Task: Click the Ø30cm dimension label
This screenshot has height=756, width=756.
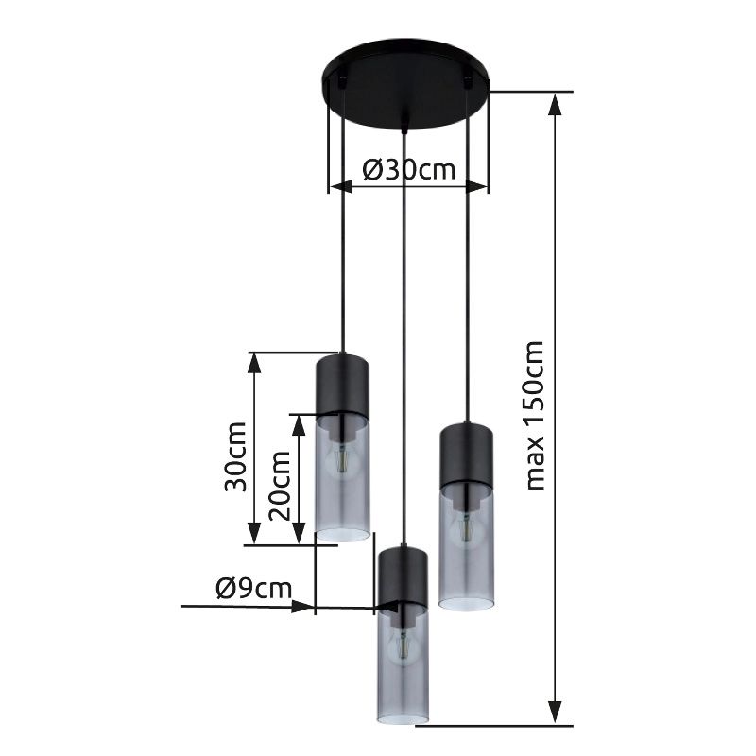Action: [408, 170]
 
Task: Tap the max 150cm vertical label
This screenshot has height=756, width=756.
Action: [536, 415]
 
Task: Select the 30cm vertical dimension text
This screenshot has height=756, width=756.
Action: [236, 455]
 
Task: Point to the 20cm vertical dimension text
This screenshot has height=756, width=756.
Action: [280, 484]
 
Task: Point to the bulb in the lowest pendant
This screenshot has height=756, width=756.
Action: [404, 646]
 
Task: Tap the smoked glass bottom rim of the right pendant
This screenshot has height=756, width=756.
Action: [466, 605]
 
